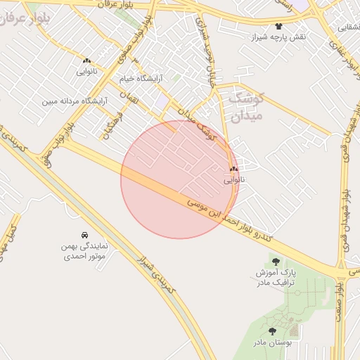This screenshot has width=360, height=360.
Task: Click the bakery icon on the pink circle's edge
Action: [233, 169]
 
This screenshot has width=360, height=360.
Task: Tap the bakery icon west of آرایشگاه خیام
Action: [86, 61]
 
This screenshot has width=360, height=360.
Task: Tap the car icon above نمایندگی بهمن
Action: [84, 235]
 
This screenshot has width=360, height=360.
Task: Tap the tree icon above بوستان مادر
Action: [272, 330]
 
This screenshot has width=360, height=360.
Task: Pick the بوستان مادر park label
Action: [272, 342]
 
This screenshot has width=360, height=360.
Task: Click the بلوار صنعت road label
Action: [340, 302]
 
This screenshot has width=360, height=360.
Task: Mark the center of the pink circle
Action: [180, 179]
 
